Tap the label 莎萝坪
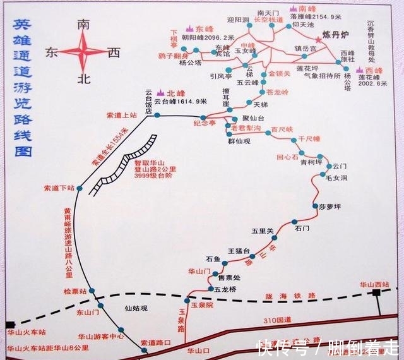[330, 207]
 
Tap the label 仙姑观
[135, 308]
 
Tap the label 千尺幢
[309, 138]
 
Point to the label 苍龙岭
[276, 92]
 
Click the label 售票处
[229, 277]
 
